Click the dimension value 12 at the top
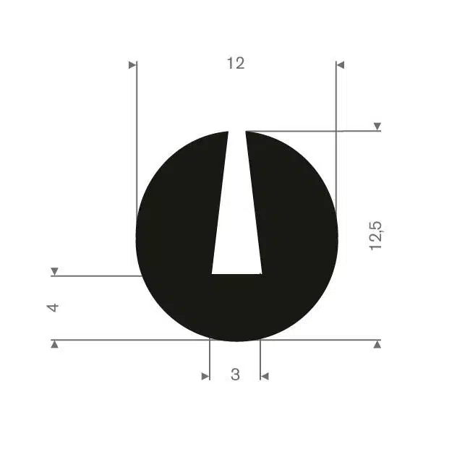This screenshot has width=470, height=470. (236, 63)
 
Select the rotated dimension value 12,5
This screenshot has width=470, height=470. (375, 236)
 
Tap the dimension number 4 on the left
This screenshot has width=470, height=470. (53, 307)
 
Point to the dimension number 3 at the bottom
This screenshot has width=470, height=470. (235, 375)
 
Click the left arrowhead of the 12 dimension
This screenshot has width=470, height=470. (132, 65)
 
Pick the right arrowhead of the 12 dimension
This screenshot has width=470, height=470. (341, 65)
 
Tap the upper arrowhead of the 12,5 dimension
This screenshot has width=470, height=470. (377, 127)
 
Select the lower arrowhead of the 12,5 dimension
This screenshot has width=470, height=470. (377, 344)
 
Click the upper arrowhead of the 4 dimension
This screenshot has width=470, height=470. (54, 271)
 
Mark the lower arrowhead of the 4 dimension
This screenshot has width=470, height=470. (54, 344)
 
